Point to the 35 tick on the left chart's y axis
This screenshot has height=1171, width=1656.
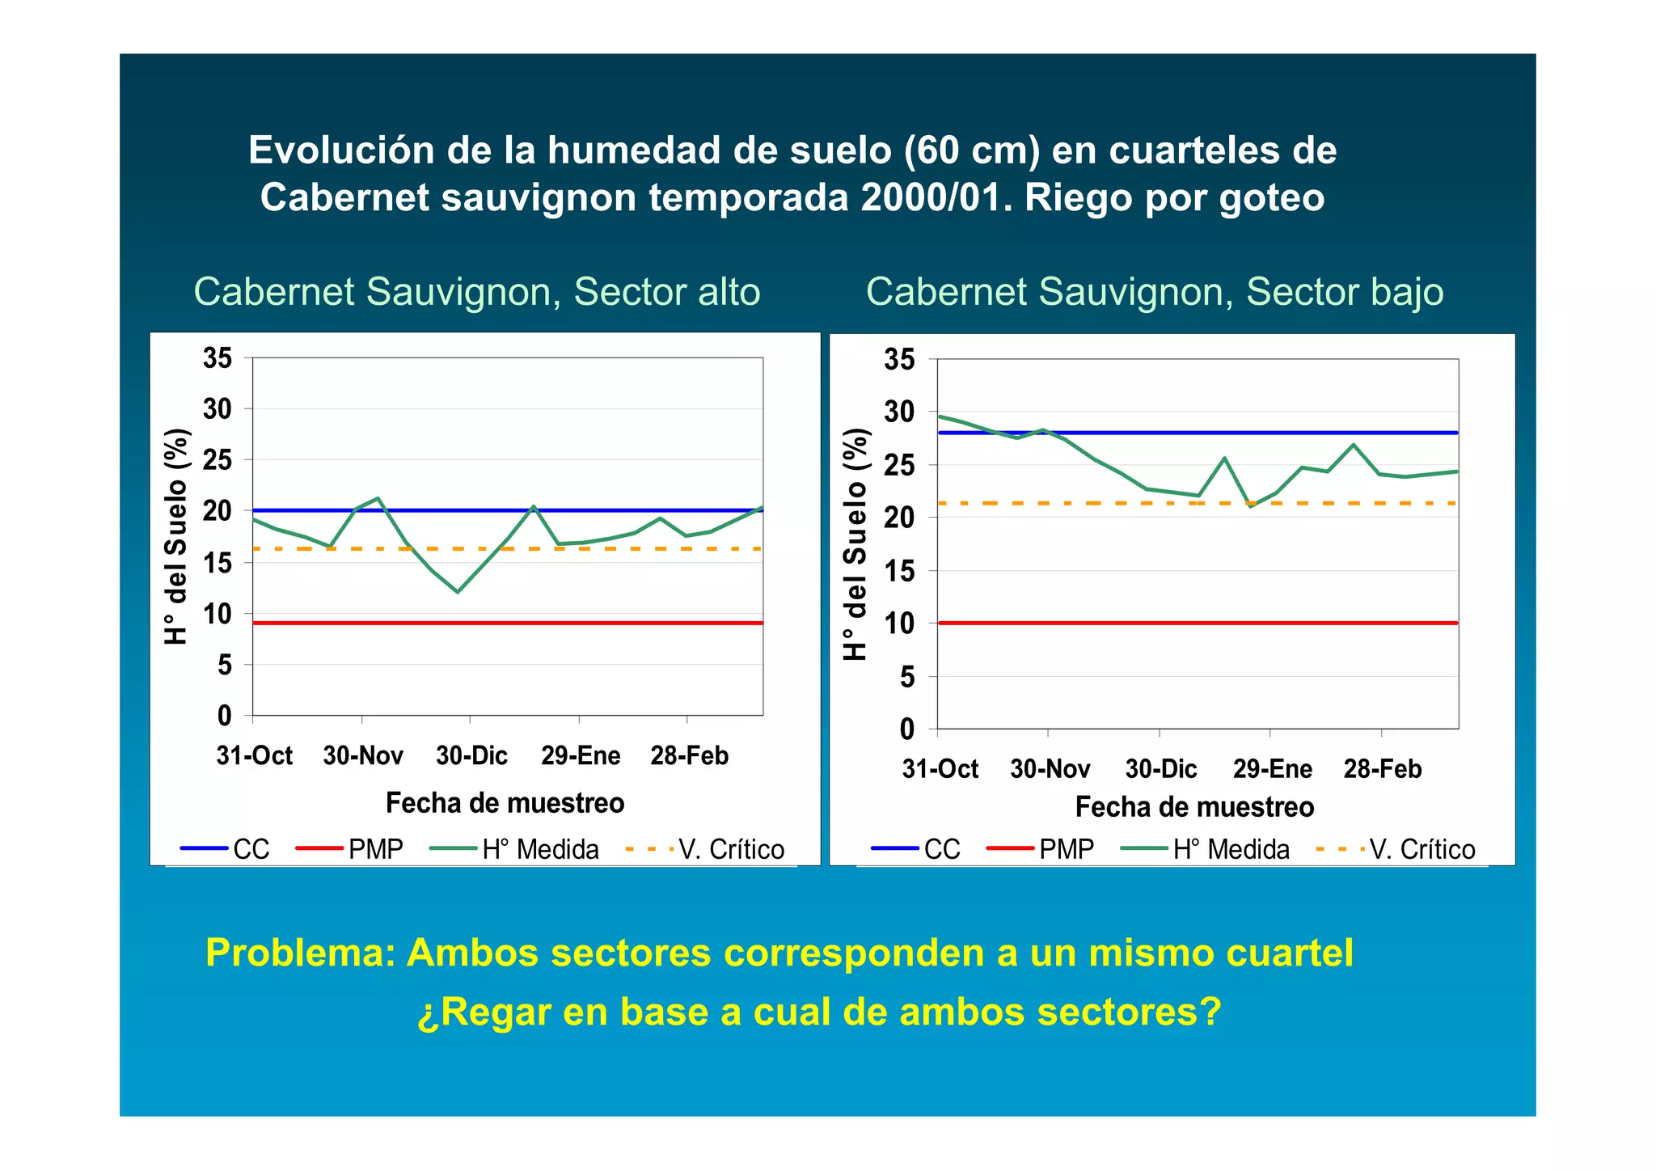click(x=218, y=357)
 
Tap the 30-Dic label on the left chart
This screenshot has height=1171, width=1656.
click(x=471, y=755)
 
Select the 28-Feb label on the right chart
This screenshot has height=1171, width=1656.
click(x=1382, y=768)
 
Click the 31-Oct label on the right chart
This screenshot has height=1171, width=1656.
click(x=940, y=768)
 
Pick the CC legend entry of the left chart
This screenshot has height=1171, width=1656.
click(x=226, y=849)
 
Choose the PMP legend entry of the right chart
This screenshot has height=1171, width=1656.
click(x=1041, y=849)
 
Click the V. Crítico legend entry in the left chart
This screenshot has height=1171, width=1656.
click(x=705, y=849)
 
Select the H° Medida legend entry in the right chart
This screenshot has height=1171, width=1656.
click(x=1206, y=849)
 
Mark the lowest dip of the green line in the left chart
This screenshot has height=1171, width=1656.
click(x=458, y=592)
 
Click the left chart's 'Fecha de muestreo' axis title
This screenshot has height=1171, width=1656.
click(x=505, y=803)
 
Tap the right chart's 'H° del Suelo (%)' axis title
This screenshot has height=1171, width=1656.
click(x=855, y=543)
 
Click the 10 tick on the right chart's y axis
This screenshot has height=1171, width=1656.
click(x=900, y=624)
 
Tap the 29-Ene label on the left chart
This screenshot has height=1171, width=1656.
click(x=581, y=755)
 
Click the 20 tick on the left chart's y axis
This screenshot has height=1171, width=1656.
click(x=218, y=511)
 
